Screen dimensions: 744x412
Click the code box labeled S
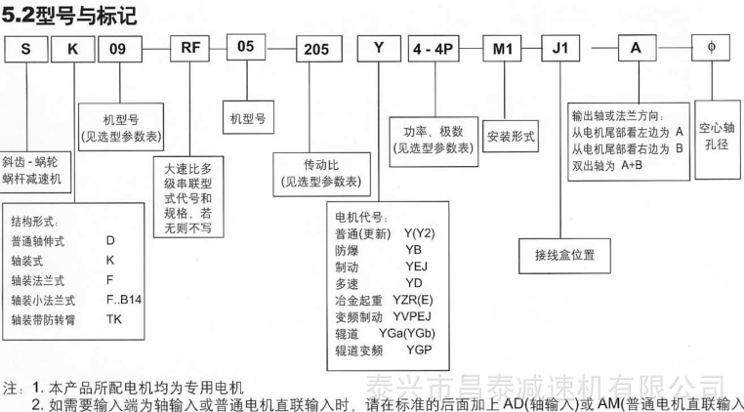[x=26, y=49]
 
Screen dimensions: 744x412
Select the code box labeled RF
[x=189, y=49]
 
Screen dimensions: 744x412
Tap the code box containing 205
[x=319, y=49]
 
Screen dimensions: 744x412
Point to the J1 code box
[x=559, y=49]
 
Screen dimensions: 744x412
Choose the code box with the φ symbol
[x=710, y=48]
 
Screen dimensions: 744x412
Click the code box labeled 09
[x=120, y=49]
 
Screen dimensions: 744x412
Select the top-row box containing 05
[x=246, y=47]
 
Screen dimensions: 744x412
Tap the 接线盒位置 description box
[x=564, y=256]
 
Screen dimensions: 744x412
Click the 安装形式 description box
[x=511, y=136]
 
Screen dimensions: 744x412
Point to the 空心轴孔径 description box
[x=717, y=140]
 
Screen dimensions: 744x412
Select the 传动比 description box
[x=321, y=174]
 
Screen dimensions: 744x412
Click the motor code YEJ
[x=416, y=267]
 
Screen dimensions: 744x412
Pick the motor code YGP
[x=420, y=350]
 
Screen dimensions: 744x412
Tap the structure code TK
[x=114, y=319]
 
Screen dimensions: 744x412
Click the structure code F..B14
[x=124, y=300]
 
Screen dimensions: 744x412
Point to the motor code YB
[x=413, y=250]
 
